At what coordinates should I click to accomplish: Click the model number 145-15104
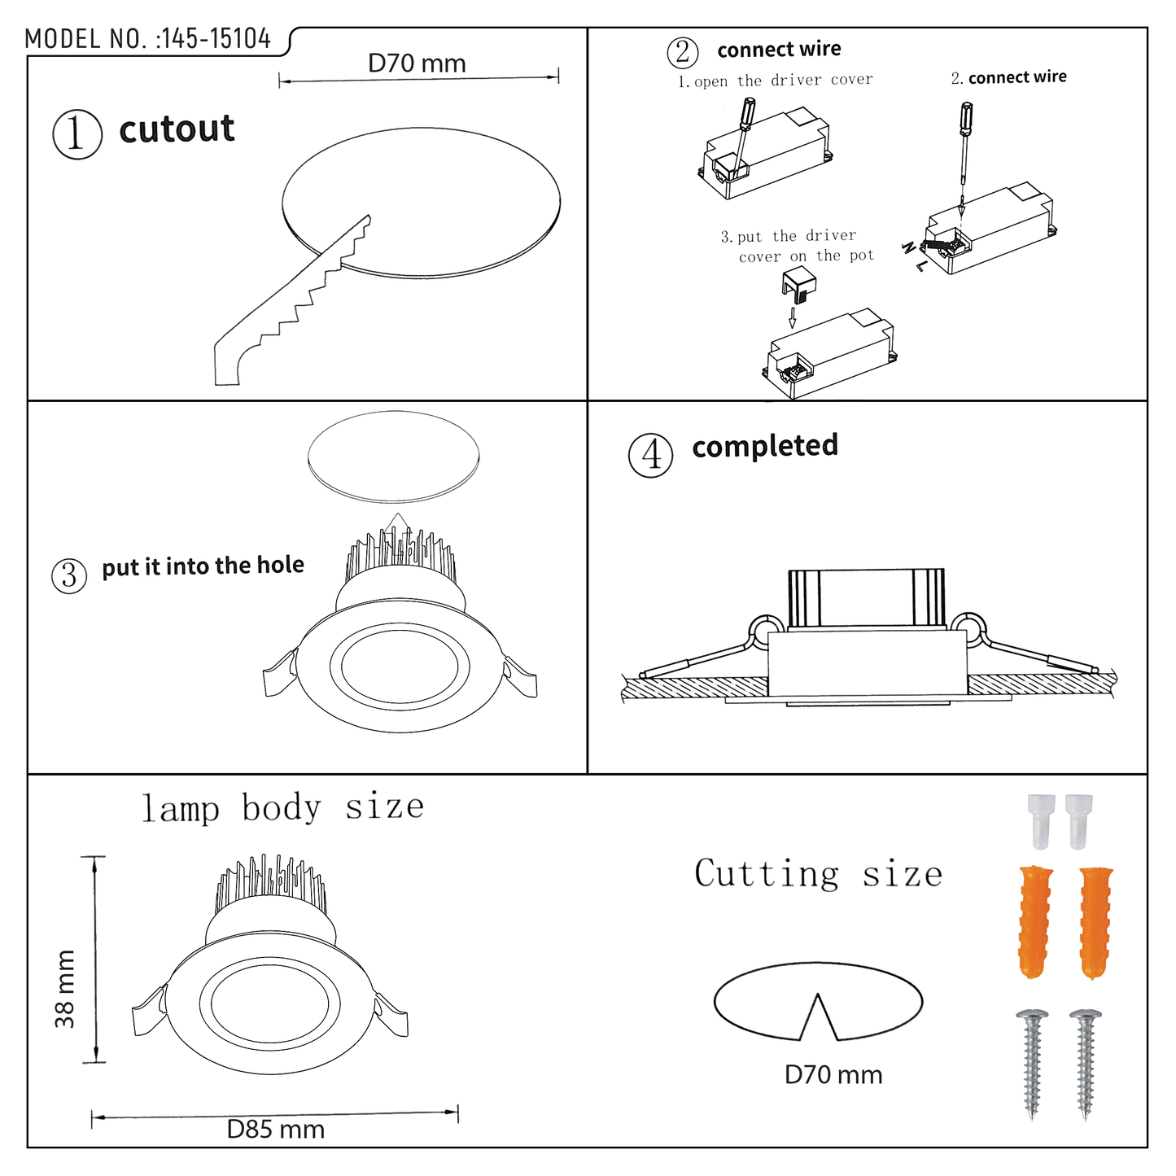tap(216, 39)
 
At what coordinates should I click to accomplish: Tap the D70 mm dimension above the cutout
tap(417, 63)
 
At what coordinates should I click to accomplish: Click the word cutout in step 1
tap(177, 129)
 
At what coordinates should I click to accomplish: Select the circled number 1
tap(77, 134)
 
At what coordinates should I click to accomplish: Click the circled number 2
tap(683, 52)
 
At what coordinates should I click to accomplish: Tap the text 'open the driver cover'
tap(783, 81)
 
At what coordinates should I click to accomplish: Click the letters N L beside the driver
tap(914, 256)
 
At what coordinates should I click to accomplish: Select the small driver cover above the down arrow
tap(798, 284)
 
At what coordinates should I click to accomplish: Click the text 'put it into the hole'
tap(203, 566)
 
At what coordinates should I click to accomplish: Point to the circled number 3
tap(69, 576)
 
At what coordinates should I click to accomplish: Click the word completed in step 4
tap(765, 446)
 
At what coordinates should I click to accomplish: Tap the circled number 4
tap(651, 455)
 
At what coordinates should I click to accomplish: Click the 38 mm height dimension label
tap(65, 988)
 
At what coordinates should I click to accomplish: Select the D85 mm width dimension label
tap(275, 1130)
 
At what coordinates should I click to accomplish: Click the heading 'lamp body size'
tap(282, 808)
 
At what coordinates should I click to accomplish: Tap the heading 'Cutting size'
tap(818, 874)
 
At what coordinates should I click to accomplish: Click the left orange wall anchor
tap(1035, 922)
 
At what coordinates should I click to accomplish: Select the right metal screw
tap(1086, 1064)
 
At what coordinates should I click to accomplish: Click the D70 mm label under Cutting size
tap(833, 1075)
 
